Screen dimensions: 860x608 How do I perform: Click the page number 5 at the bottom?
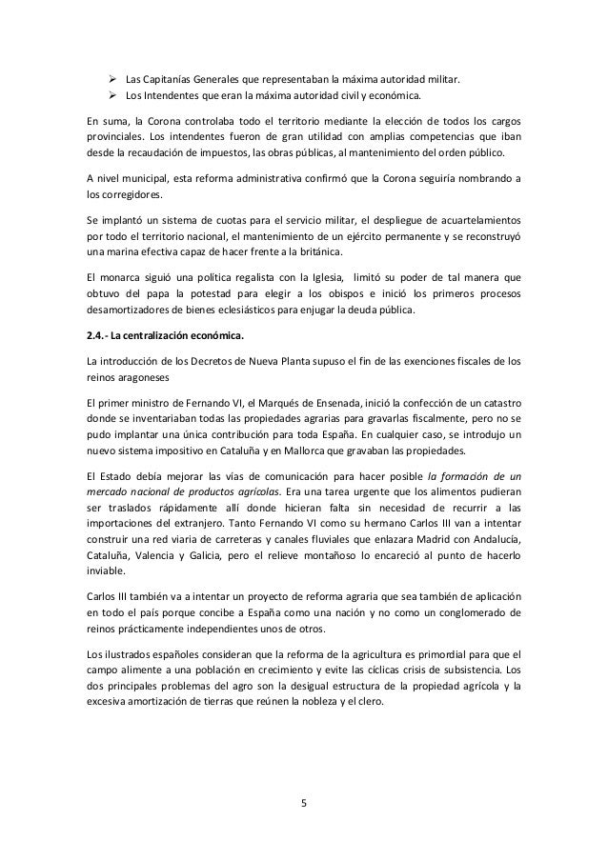303,801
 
